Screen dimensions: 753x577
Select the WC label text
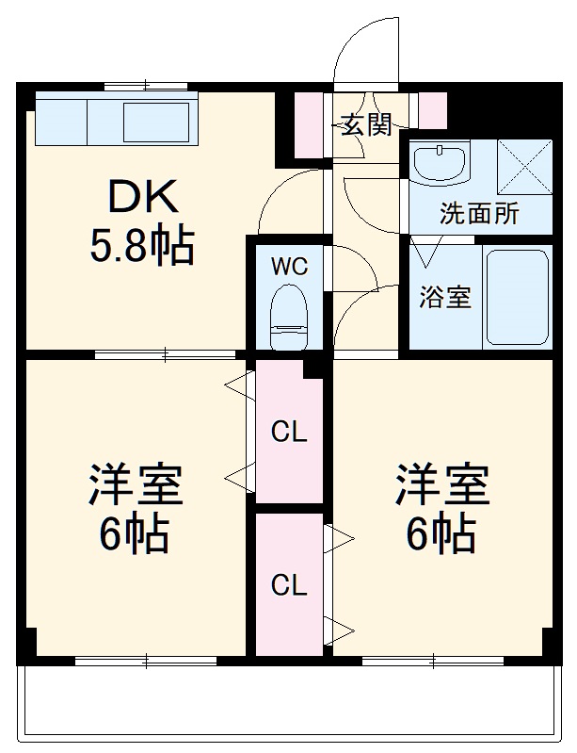click(289, 267)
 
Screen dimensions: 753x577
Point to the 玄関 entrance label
click(365, 124)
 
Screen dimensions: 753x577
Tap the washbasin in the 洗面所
click(440, 166)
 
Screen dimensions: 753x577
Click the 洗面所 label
click(478, 213)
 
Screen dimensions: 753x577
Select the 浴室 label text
click(444, 296)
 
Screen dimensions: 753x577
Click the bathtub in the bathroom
click(516, 296)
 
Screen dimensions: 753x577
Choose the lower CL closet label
click(289, 585)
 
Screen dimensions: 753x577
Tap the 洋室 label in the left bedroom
click(136, 485)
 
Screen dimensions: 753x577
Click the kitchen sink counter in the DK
click(117, 122)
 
